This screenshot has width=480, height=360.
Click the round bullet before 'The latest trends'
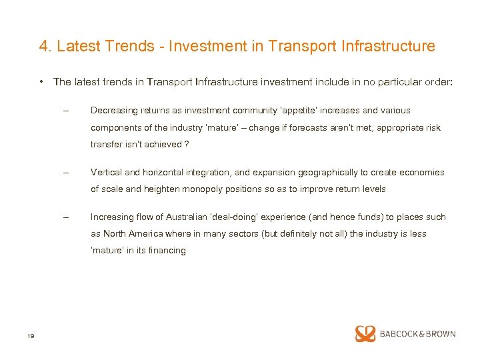click(42, 82)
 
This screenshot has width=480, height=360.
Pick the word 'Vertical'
click(105, 172)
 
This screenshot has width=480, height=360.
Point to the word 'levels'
click(373, 189)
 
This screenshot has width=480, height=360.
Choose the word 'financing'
click(167, 251)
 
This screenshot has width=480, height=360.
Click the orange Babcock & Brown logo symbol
click(365, 333)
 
